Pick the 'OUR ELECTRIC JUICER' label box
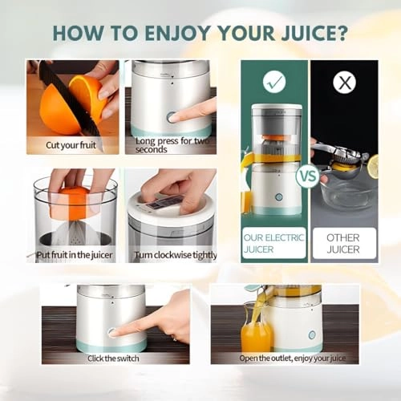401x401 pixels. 274,244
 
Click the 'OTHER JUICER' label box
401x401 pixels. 343,244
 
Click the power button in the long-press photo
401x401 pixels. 172,117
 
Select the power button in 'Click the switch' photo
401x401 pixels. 113,331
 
